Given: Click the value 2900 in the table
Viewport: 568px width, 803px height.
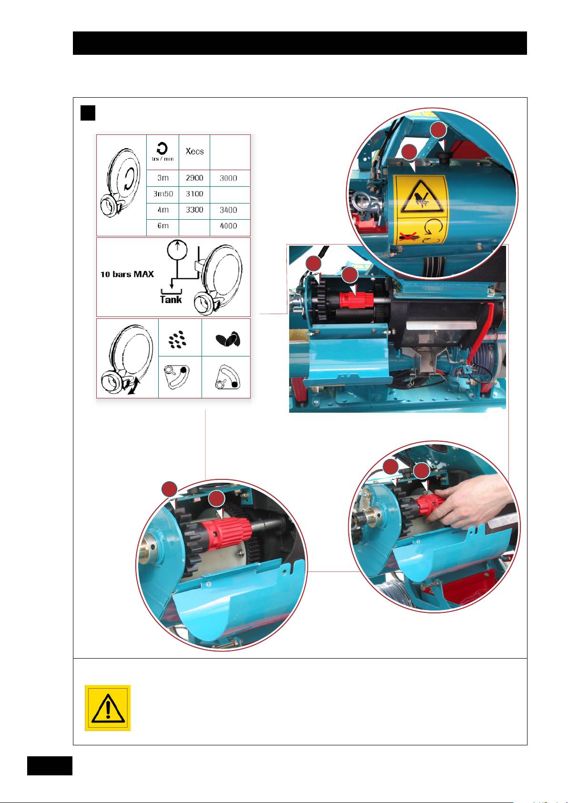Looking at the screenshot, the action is [194, 178].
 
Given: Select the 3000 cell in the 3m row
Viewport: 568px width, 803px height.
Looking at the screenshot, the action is [228, 178].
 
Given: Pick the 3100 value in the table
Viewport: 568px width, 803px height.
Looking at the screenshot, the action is [194, 194].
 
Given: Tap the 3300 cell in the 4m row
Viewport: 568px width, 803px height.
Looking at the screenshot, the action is [194, 210].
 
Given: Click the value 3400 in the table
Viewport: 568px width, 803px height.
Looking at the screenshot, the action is [228, 210].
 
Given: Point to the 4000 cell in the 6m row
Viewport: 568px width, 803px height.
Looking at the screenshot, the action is [228, 226].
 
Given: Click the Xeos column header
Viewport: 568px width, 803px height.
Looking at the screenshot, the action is [194, 151].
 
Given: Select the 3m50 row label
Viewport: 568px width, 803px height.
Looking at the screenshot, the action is [163, 194].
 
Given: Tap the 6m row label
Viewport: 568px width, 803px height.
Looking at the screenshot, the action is [163, 226].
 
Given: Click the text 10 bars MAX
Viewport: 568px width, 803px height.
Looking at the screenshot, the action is [127, 274].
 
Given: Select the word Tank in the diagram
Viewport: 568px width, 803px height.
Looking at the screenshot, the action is [171, 299].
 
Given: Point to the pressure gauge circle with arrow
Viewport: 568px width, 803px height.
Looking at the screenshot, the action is [177, 250].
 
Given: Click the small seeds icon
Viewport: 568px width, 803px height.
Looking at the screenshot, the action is [177, 339].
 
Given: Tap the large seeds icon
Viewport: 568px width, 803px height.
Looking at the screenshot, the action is [228, 339].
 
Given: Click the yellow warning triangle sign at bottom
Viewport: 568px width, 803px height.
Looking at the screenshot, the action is [108, 708].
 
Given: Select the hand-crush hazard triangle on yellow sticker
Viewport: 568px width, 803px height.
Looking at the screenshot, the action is [422, 197].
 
